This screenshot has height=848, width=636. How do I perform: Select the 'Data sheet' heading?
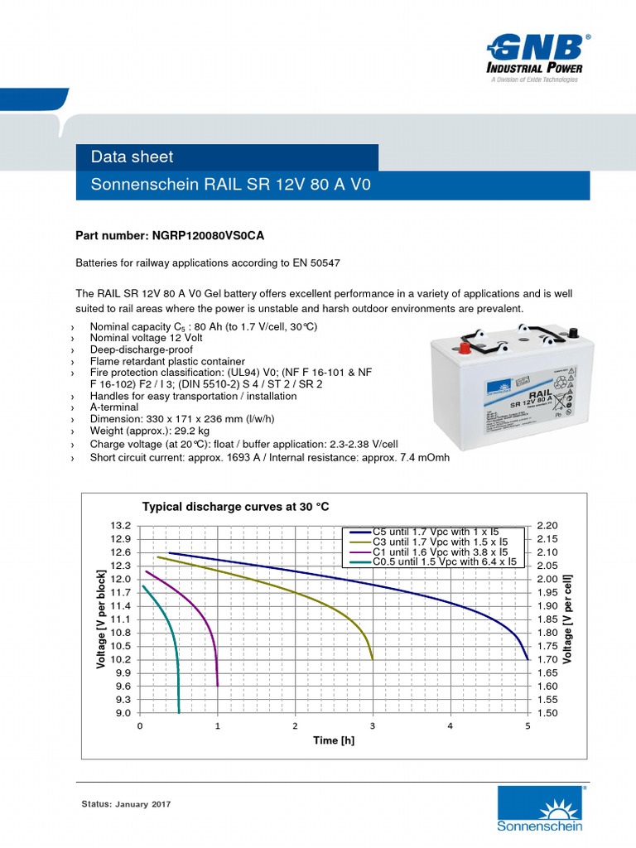pos(132,157)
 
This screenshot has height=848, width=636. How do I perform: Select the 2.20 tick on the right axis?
pos(547,526)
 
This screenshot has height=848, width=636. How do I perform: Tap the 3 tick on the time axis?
pos(373,726)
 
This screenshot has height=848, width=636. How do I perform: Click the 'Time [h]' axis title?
pos(334,740)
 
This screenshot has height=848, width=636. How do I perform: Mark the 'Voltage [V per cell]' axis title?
pos(568,619)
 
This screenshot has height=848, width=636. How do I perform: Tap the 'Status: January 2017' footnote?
pos(125,804)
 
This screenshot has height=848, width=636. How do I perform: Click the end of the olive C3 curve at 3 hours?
pos(373,658)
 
